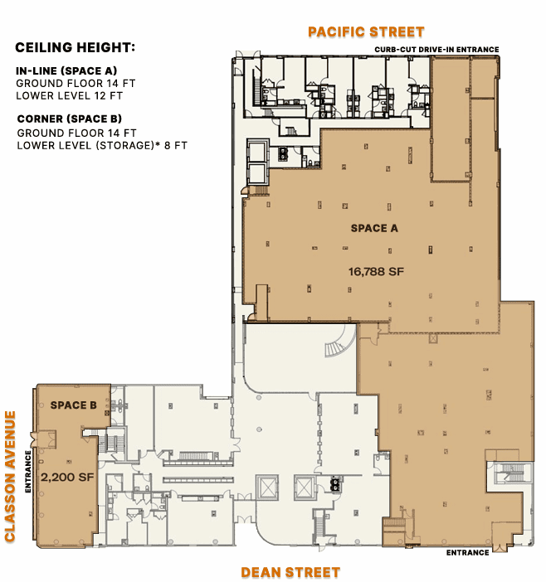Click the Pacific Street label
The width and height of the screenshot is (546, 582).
[366, 32]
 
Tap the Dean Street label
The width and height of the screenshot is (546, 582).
[290, 572]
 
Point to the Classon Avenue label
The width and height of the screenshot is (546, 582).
[10, 476]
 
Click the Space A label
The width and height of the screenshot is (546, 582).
[374, 228]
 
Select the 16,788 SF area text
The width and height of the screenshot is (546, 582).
[376, 272]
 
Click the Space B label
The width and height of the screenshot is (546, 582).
[74, 405]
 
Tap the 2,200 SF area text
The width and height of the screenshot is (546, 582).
[67, 477]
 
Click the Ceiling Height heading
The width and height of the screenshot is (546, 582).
[75, 47]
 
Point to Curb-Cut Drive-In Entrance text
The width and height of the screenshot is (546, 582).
[436, 50]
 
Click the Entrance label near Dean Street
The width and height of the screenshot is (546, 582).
[468, 553]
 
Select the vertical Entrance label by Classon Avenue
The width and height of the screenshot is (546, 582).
[28, 472]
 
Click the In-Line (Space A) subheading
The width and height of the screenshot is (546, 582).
[66, 70]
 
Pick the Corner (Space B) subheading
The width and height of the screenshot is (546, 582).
[70, 119]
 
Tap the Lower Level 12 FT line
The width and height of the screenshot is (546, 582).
[69, 95]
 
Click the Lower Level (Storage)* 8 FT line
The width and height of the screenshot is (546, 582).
[102, 145]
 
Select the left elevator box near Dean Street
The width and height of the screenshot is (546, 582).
[267, 487]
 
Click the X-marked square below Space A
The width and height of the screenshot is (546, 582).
[432, 338]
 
